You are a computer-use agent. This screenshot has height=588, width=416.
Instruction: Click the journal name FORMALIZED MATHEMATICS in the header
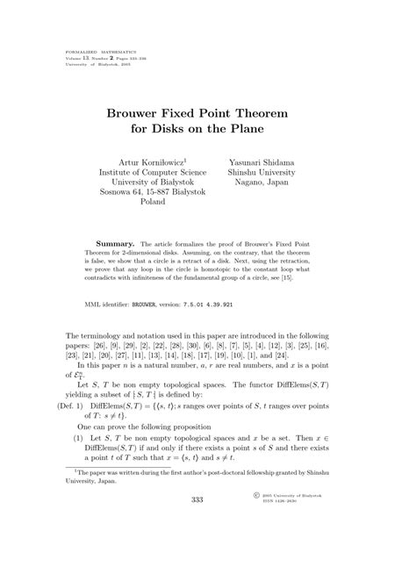click(97, 53)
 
